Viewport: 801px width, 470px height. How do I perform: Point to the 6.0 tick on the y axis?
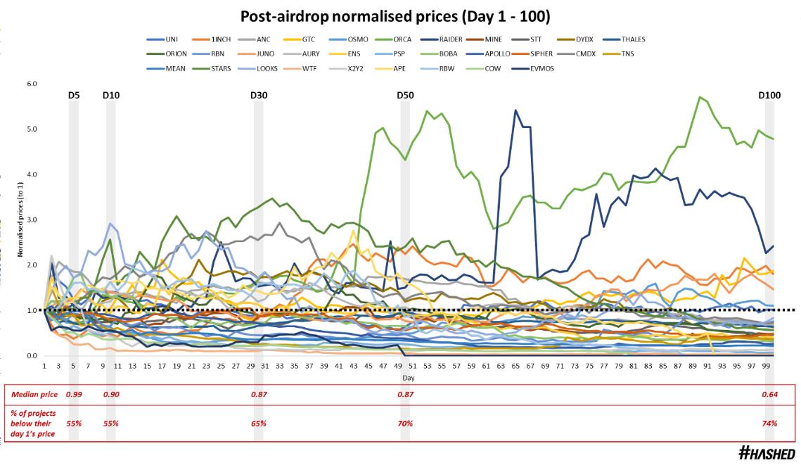31,84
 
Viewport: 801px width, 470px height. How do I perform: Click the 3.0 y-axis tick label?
31,220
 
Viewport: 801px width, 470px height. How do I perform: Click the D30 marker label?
259,95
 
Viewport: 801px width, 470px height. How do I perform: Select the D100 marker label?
771,95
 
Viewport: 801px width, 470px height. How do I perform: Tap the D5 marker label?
74,95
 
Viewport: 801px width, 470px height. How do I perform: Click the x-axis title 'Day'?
408,378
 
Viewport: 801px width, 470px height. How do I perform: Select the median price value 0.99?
73,394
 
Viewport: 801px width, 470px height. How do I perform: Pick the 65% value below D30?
259,423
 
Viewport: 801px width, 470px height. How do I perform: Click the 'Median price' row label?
33,394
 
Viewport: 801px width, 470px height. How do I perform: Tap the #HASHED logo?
767,454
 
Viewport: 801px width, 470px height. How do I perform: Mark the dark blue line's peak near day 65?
515,110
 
